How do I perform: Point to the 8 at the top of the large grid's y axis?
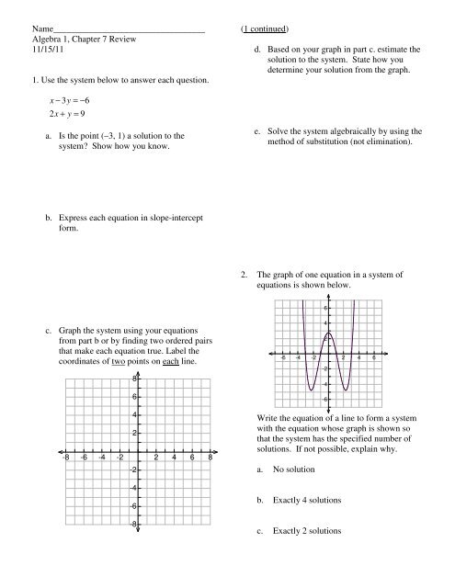coord(134,378)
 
